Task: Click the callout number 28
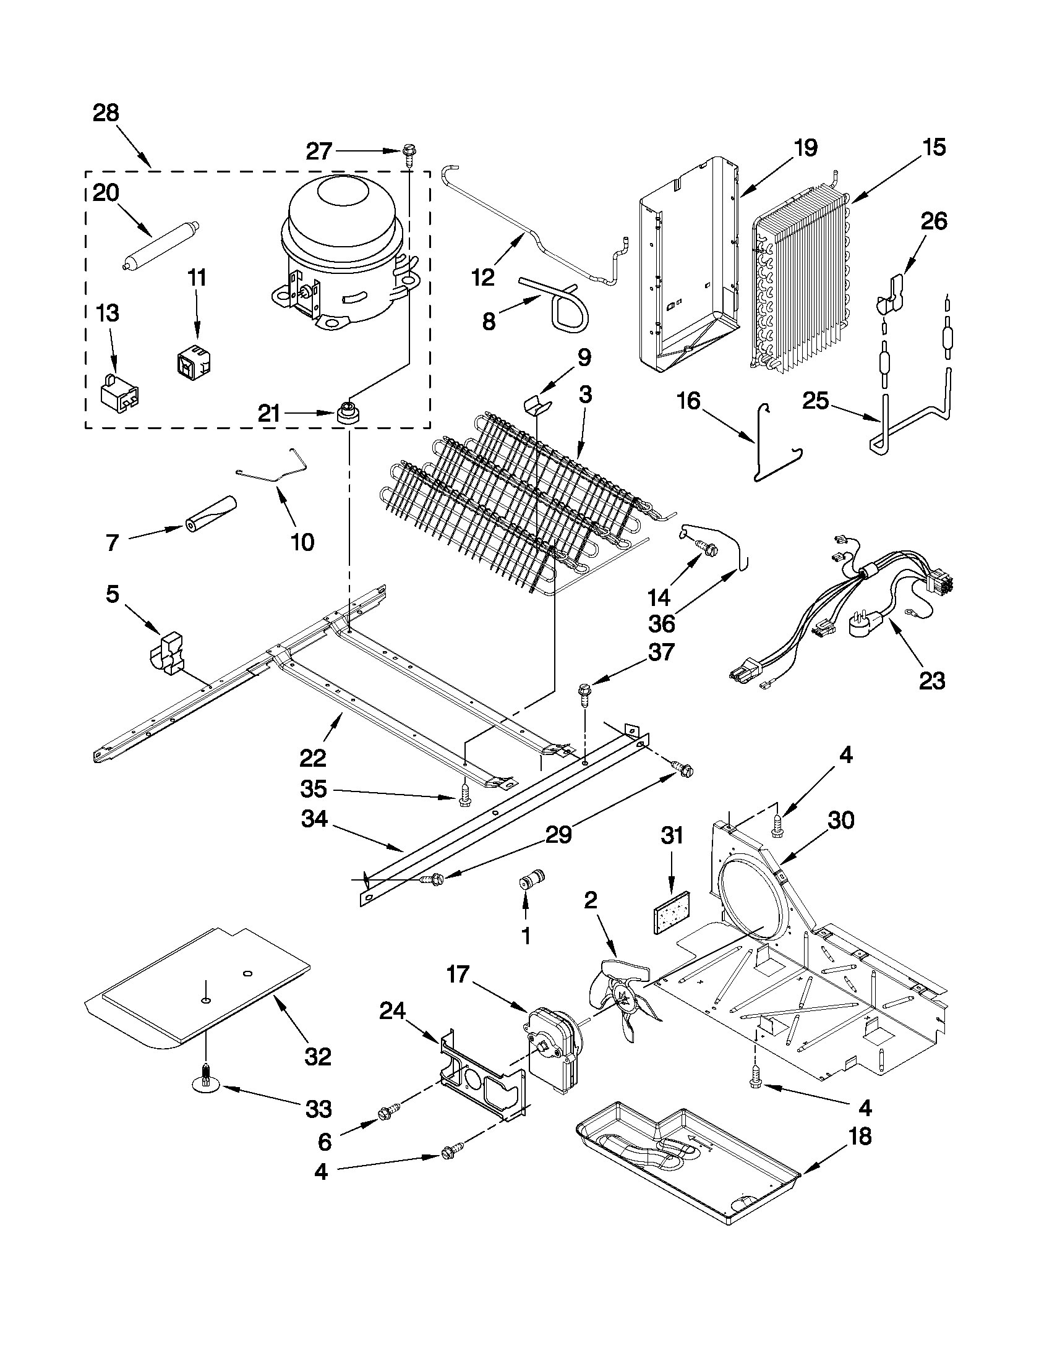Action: (105, 113)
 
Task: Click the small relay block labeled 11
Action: (190, 360)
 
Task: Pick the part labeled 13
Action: (119, 392)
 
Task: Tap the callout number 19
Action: (805, 148)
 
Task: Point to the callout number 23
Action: (932, 680)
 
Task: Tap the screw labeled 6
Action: (387, 1112)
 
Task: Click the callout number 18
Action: (860, 1136)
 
